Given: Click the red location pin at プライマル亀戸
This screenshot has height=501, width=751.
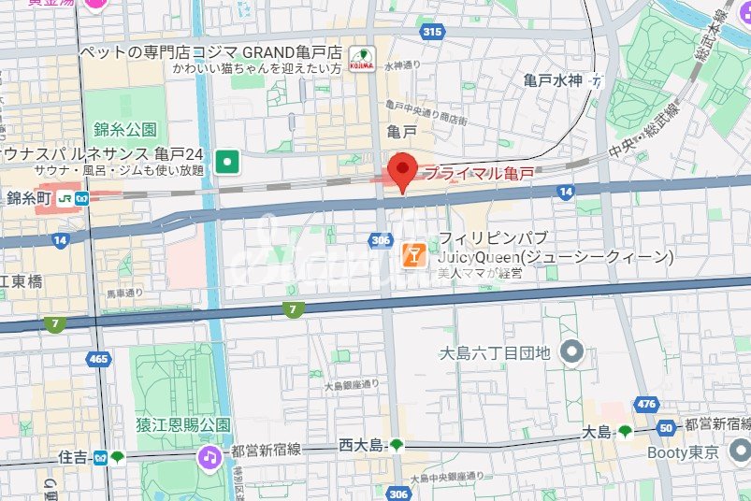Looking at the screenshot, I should click(x=402, y=169).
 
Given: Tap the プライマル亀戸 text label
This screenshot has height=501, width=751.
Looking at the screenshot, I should click(x=479, y=172).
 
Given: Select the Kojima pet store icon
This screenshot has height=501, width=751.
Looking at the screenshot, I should click(x=361, y=58).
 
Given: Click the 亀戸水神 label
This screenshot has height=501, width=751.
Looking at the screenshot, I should click(x=552, y=81).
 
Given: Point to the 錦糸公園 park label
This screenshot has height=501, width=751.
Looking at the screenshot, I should click(x=124, y=129).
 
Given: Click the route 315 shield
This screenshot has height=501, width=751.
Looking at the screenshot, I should click(x=431, y=33).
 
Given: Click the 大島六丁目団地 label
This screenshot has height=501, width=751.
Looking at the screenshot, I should click(x=496, y=353).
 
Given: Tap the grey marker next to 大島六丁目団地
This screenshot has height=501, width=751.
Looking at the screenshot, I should click(x=570, y=352).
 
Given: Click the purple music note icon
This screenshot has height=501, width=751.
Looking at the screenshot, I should click(x=210, y=457).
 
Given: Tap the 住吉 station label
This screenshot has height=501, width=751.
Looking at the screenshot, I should click(x=72, y=457).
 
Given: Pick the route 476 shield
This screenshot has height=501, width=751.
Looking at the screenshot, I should click(x=646, y=403).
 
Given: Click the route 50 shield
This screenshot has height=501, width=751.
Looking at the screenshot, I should click(x=666, y=428).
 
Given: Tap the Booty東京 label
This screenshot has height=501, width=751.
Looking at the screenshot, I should click(x=683, y=452).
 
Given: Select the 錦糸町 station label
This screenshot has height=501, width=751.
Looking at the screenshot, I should click(x=26, y=197).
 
